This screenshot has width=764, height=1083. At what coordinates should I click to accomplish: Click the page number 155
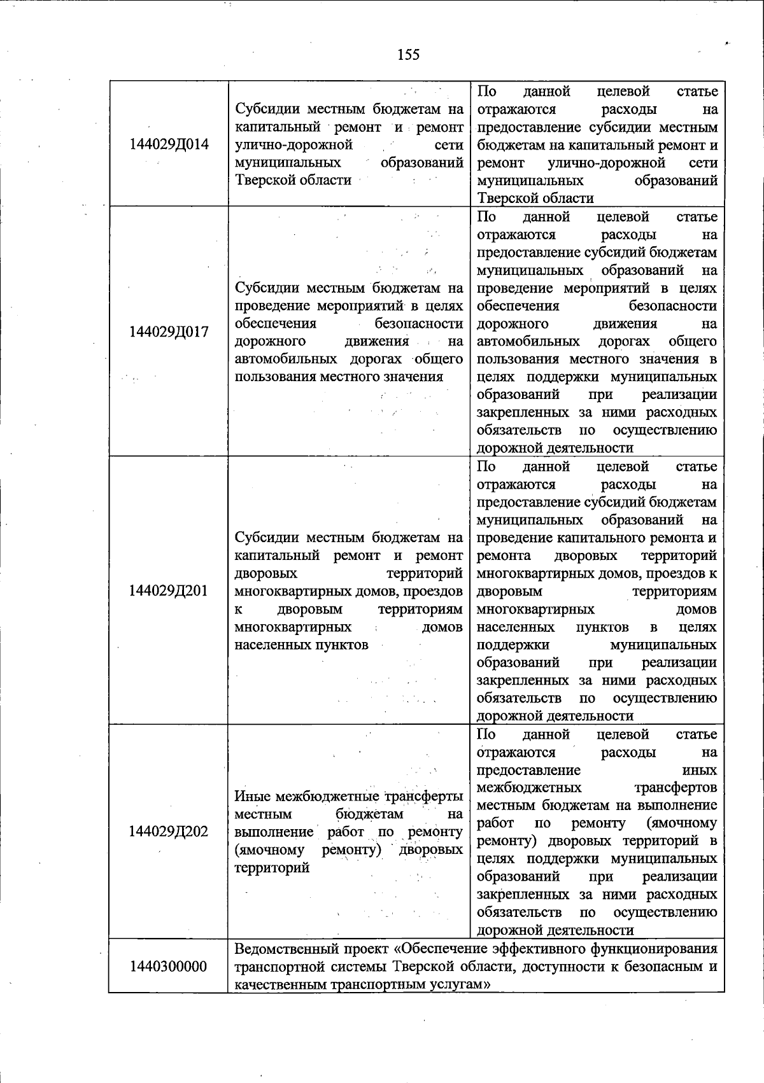408,55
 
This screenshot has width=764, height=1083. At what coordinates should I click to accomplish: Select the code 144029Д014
169,144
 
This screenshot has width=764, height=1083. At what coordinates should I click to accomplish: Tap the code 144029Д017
169,332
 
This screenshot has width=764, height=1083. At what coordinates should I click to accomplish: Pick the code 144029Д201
169,590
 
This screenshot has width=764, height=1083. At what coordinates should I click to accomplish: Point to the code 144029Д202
169,832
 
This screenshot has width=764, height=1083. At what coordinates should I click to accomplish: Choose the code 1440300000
169,966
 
